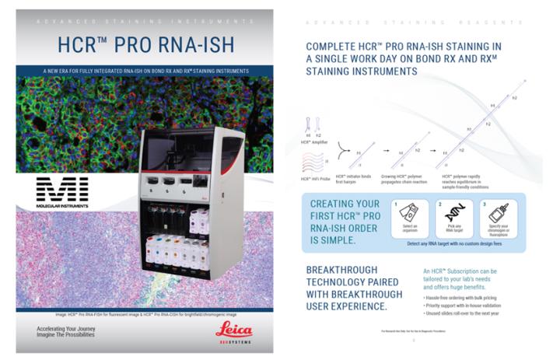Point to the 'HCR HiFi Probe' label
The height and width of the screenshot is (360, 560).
click(317, 180)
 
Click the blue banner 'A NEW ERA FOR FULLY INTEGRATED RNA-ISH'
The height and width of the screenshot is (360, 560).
click(146, 72)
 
